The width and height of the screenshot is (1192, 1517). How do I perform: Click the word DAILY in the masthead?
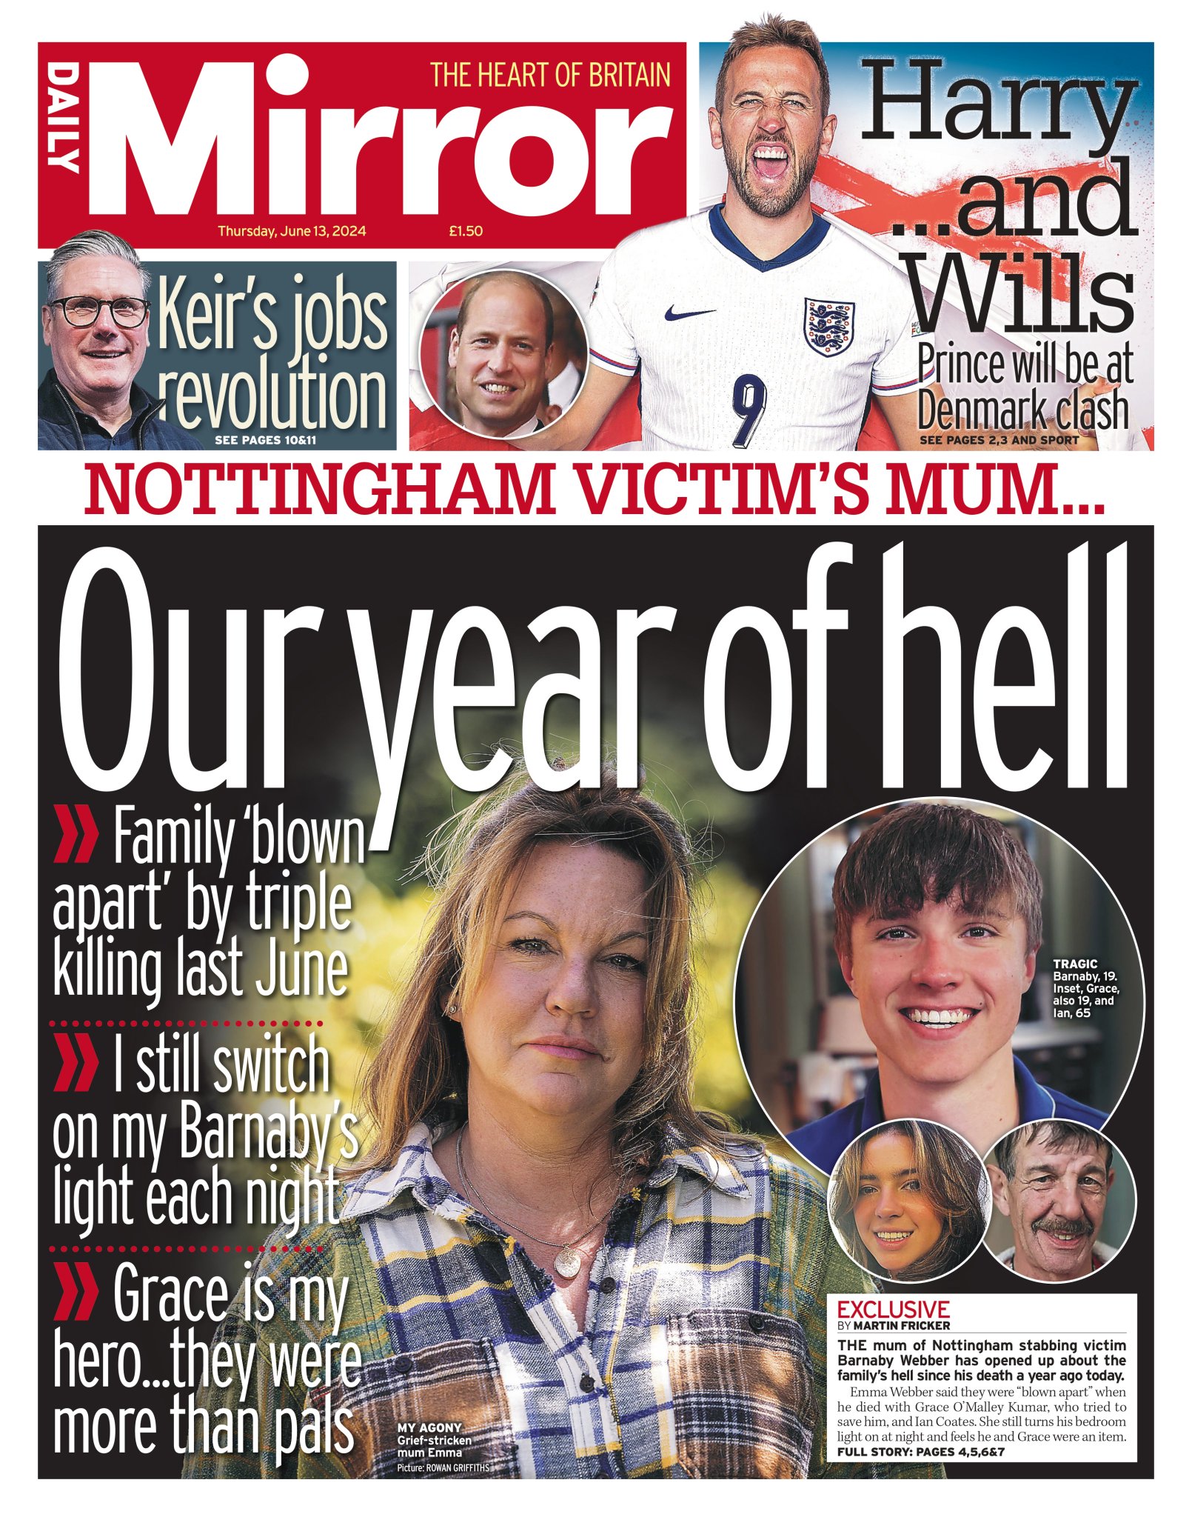[x=65, y=118]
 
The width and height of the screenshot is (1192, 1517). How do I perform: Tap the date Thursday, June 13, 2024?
[x=292, y=231]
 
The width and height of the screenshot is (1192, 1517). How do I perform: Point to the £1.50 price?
[x=466, y=231]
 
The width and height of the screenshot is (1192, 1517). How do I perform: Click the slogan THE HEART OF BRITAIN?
[x=550, y=76]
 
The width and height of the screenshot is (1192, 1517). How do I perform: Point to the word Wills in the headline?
[x=1029, y=293]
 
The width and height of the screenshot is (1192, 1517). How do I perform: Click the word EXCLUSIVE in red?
[x=893, y=1309]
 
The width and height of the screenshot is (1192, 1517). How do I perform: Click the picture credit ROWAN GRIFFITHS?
[x=458, y=1468]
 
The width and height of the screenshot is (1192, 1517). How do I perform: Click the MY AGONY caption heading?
[x=429, y=1427]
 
